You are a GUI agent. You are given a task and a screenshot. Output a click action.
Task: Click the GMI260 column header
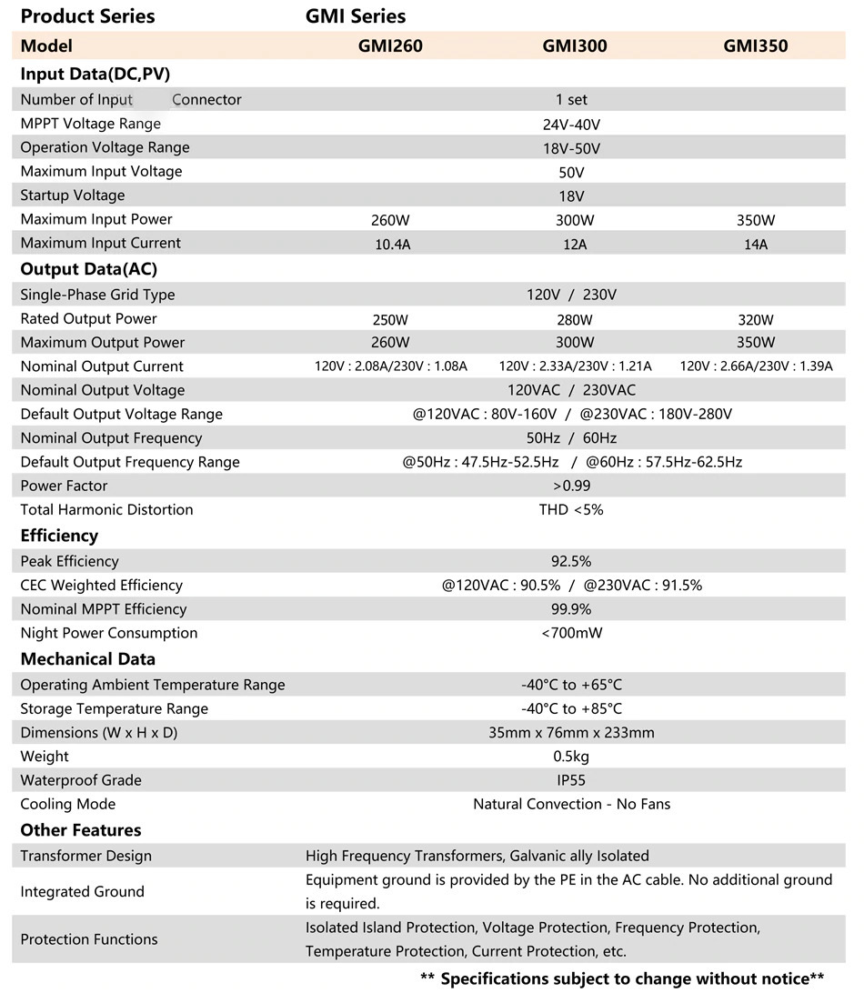coord(390,46)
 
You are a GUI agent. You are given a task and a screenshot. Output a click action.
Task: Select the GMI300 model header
coord(574,46)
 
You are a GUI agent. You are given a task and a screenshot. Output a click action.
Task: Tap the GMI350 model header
coord(755,46)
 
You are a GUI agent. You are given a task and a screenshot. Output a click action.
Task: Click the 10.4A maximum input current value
coord(391,244)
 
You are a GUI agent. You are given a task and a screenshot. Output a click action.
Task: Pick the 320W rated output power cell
coord(756,319)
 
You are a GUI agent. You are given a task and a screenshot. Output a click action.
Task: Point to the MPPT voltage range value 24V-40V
coord(571,125)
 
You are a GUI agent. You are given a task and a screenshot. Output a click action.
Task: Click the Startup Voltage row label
coord(73,196)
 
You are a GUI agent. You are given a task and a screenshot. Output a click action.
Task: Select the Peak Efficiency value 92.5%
coord(571,561)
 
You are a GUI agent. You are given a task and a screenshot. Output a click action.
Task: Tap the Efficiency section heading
coord(59,536)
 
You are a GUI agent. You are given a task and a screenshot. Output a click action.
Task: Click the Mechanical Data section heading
coord(88,659)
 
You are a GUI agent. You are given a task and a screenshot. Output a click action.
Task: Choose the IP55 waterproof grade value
coord(571,780)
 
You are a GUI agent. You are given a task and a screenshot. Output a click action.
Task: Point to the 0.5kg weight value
coord(571,757)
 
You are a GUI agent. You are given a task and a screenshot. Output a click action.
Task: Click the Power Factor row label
coord(64,486)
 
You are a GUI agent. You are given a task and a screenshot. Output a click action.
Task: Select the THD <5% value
coord(571,510)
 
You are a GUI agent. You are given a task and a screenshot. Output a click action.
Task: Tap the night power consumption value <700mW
coord(571,633)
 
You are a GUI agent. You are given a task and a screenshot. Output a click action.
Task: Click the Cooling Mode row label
coord(68,804)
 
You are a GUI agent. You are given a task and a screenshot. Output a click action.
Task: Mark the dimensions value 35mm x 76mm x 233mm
coord(571,733)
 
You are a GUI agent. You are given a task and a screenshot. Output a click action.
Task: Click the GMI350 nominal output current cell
coord(756,366)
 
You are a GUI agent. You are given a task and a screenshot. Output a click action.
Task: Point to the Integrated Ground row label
coord(82,892)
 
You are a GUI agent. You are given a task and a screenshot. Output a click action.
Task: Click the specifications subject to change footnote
coord(622,978)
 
